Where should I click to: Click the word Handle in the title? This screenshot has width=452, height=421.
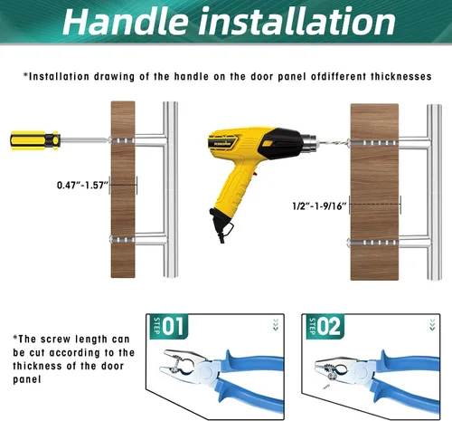click(126, 22)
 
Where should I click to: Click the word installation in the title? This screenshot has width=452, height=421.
click(297, 21)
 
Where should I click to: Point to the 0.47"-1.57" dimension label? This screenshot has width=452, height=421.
click(82, 185)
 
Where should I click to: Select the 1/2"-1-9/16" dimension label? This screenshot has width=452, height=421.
click(320, 206)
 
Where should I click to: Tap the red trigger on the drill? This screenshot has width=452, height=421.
click(256, 174)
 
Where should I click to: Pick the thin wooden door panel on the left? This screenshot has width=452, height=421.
click(123, 189)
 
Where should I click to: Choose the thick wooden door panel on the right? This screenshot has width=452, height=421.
click(374, 192)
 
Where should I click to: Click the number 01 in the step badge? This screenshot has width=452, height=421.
click(173, 326)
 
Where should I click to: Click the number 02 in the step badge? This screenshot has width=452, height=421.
click(329, 326)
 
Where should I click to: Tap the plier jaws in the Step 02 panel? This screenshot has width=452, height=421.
click(333, 368)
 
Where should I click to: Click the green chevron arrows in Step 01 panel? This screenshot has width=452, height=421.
click(276, 325)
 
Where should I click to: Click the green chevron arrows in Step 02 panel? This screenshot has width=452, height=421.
click(432, 325)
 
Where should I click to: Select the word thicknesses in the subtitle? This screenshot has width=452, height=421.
click(400, 76)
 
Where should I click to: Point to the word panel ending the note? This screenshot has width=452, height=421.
click(27, 379)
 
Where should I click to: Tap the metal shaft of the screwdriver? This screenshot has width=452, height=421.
click(84, 139)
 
